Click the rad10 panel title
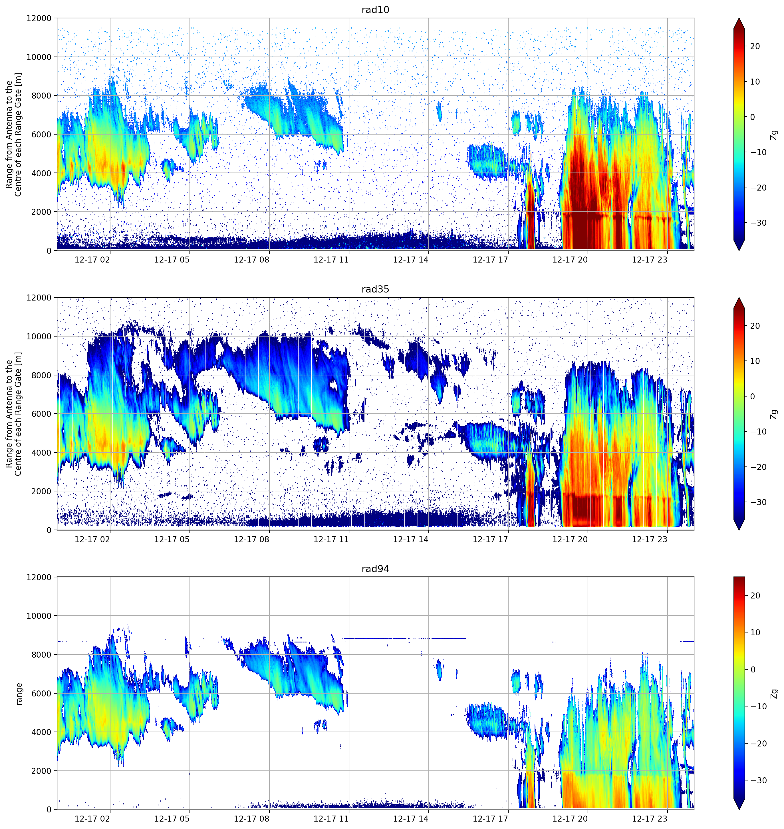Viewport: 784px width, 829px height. pos(375,10)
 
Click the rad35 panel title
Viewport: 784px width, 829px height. pos(375,289)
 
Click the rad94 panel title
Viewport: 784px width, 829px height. pos(375,569)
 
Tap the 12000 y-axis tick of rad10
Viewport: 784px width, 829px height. pos(39,18)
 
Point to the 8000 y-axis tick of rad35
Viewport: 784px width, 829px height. pos(41,375)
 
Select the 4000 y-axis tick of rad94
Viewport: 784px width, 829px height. pos(41,732)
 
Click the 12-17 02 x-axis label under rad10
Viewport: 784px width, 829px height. pos(92,260)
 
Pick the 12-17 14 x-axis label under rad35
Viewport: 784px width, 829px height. pos(411,539)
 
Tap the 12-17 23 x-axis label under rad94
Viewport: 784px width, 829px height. pos(650,818)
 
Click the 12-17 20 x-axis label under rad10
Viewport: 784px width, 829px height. pos(570,260)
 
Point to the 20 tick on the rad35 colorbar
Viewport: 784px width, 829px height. pos(755,326)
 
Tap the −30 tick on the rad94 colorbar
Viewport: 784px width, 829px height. pos(759,780)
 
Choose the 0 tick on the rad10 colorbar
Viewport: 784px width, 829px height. pos(752,117)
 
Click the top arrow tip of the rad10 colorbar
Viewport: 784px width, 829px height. pos(739,18)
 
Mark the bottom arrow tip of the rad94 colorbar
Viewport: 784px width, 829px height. pos(739,809)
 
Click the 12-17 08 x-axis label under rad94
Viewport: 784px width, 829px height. pos(252,818)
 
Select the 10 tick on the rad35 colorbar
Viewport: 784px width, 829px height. pos(755,361)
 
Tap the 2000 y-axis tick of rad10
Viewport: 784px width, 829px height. pos(41,212)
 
